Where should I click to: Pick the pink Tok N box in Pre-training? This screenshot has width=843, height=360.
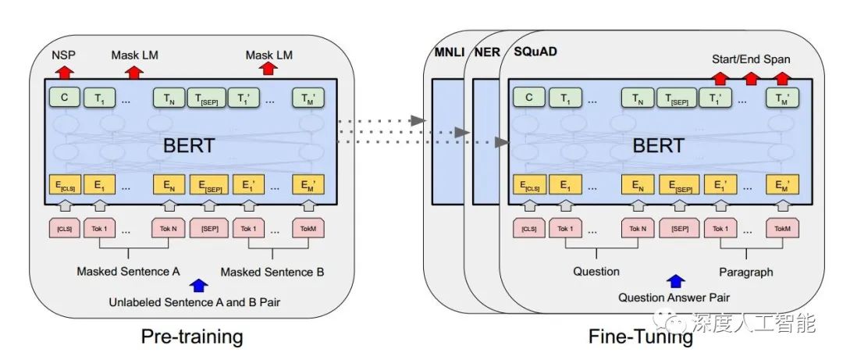pyautogui.click(x=168, y=230)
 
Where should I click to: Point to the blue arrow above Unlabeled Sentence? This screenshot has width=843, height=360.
pyautogui.click(x=200, y=286)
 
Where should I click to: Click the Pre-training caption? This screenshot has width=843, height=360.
pyautogui.click(x=192, y=337)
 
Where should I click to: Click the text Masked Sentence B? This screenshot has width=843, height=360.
pyautogui.click(x=272, y=272)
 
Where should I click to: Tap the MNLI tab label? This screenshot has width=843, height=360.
pyautogui.click(x=450, y=54)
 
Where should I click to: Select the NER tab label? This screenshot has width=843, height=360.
pyautogui.click(x=487, y=54)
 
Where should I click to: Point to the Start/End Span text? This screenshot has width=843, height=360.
pyautogui.click(x=750, y=59)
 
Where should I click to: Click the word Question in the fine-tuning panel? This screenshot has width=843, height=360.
pyautogui.click(x=596, y=272)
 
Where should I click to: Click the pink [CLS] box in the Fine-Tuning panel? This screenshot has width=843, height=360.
pyautogui.click(x=529, y=230)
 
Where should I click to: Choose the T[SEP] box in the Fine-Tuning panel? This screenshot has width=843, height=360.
pyautogui.click(x=678, y=98)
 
